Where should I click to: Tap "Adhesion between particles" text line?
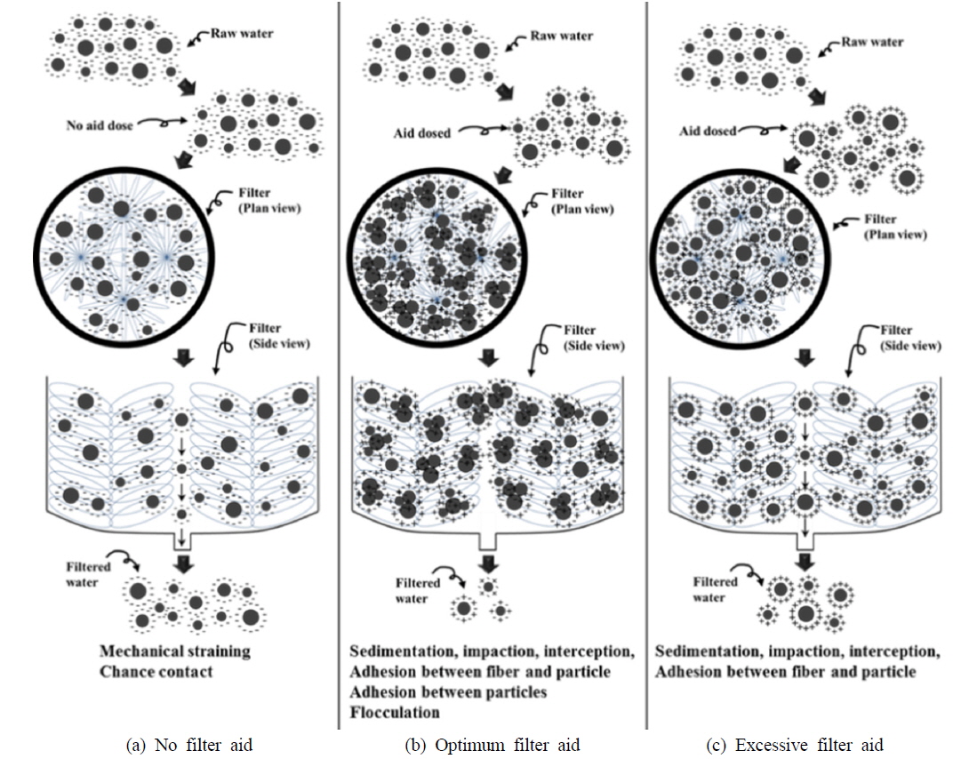tap(448, 691)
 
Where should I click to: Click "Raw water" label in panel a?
tap(242, 35)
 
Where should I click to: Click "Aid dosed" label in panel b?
tap(422, 132)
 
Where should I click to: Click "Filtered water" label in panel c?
tap(716, 589)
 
